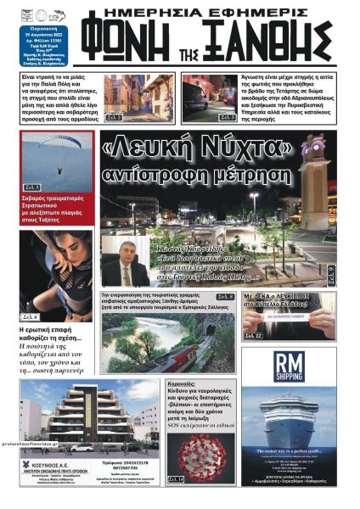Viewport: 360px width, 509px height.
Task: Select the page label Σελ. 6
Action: point(31,317)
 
